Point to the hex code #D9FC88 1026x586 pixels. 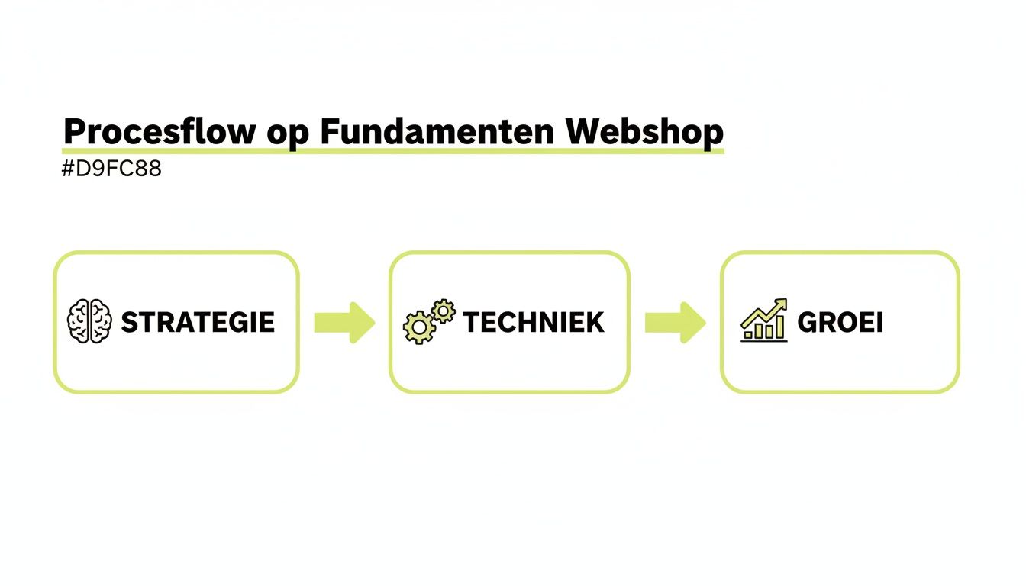click(111, 169)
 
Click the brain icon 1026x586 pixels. click(89, 321)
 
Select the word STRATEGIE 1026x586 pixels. click(198, 322)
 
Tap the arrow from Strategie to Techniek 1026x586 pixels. click(344, 322)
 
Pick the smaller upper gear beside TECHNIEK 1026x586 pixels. click(442, 311)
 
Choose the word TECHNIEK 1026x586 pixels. click(533, 322)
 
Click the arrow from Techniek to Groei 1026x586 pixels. click(676, 322)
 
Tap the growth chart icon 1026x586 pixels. click(763, 320)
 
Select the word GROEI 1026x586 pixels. click(840, 322)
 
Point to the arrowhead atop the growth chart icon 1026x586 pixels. click(781, 304)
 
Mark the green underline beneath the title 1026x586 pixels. click(392, 150)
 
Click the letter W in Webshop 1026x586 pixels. click(584, 132)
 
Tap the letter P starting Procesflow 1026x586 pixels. click(74, 132)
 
